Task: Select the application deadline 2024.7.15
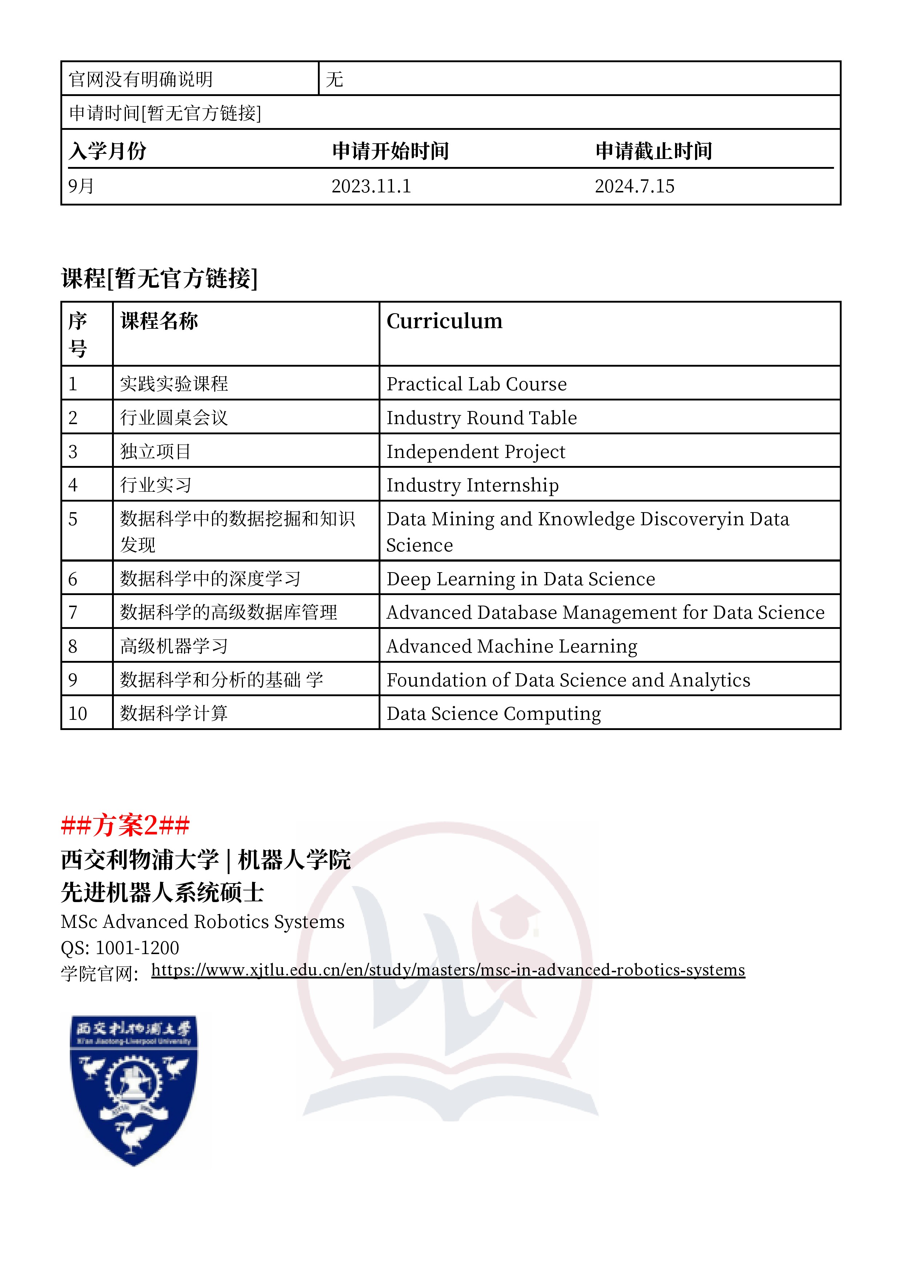coord(634,186)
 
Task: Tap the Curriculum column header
coord(444,321)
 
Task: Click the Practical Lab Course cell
coord(476,384)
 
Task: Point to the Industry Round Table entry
coord(481,418)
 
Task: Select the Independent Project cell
coord(476,452)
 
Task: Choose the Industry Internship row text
coord(472,485)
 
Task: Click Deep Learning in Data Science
coord(521,579)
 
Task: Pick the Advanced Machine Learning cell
coord(512,646)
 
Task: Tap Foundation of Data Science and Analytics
coord(568,680)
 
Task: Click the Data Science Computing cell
coord(494,714)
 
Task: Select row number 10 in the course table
coord(78,714)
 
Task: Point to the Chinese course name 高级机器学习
coord(174,646)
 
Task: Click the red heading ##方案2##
coord(125,825)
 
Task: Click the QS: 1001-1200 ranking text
coord(120,948)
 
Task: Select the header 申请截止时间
coord(654,151)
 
